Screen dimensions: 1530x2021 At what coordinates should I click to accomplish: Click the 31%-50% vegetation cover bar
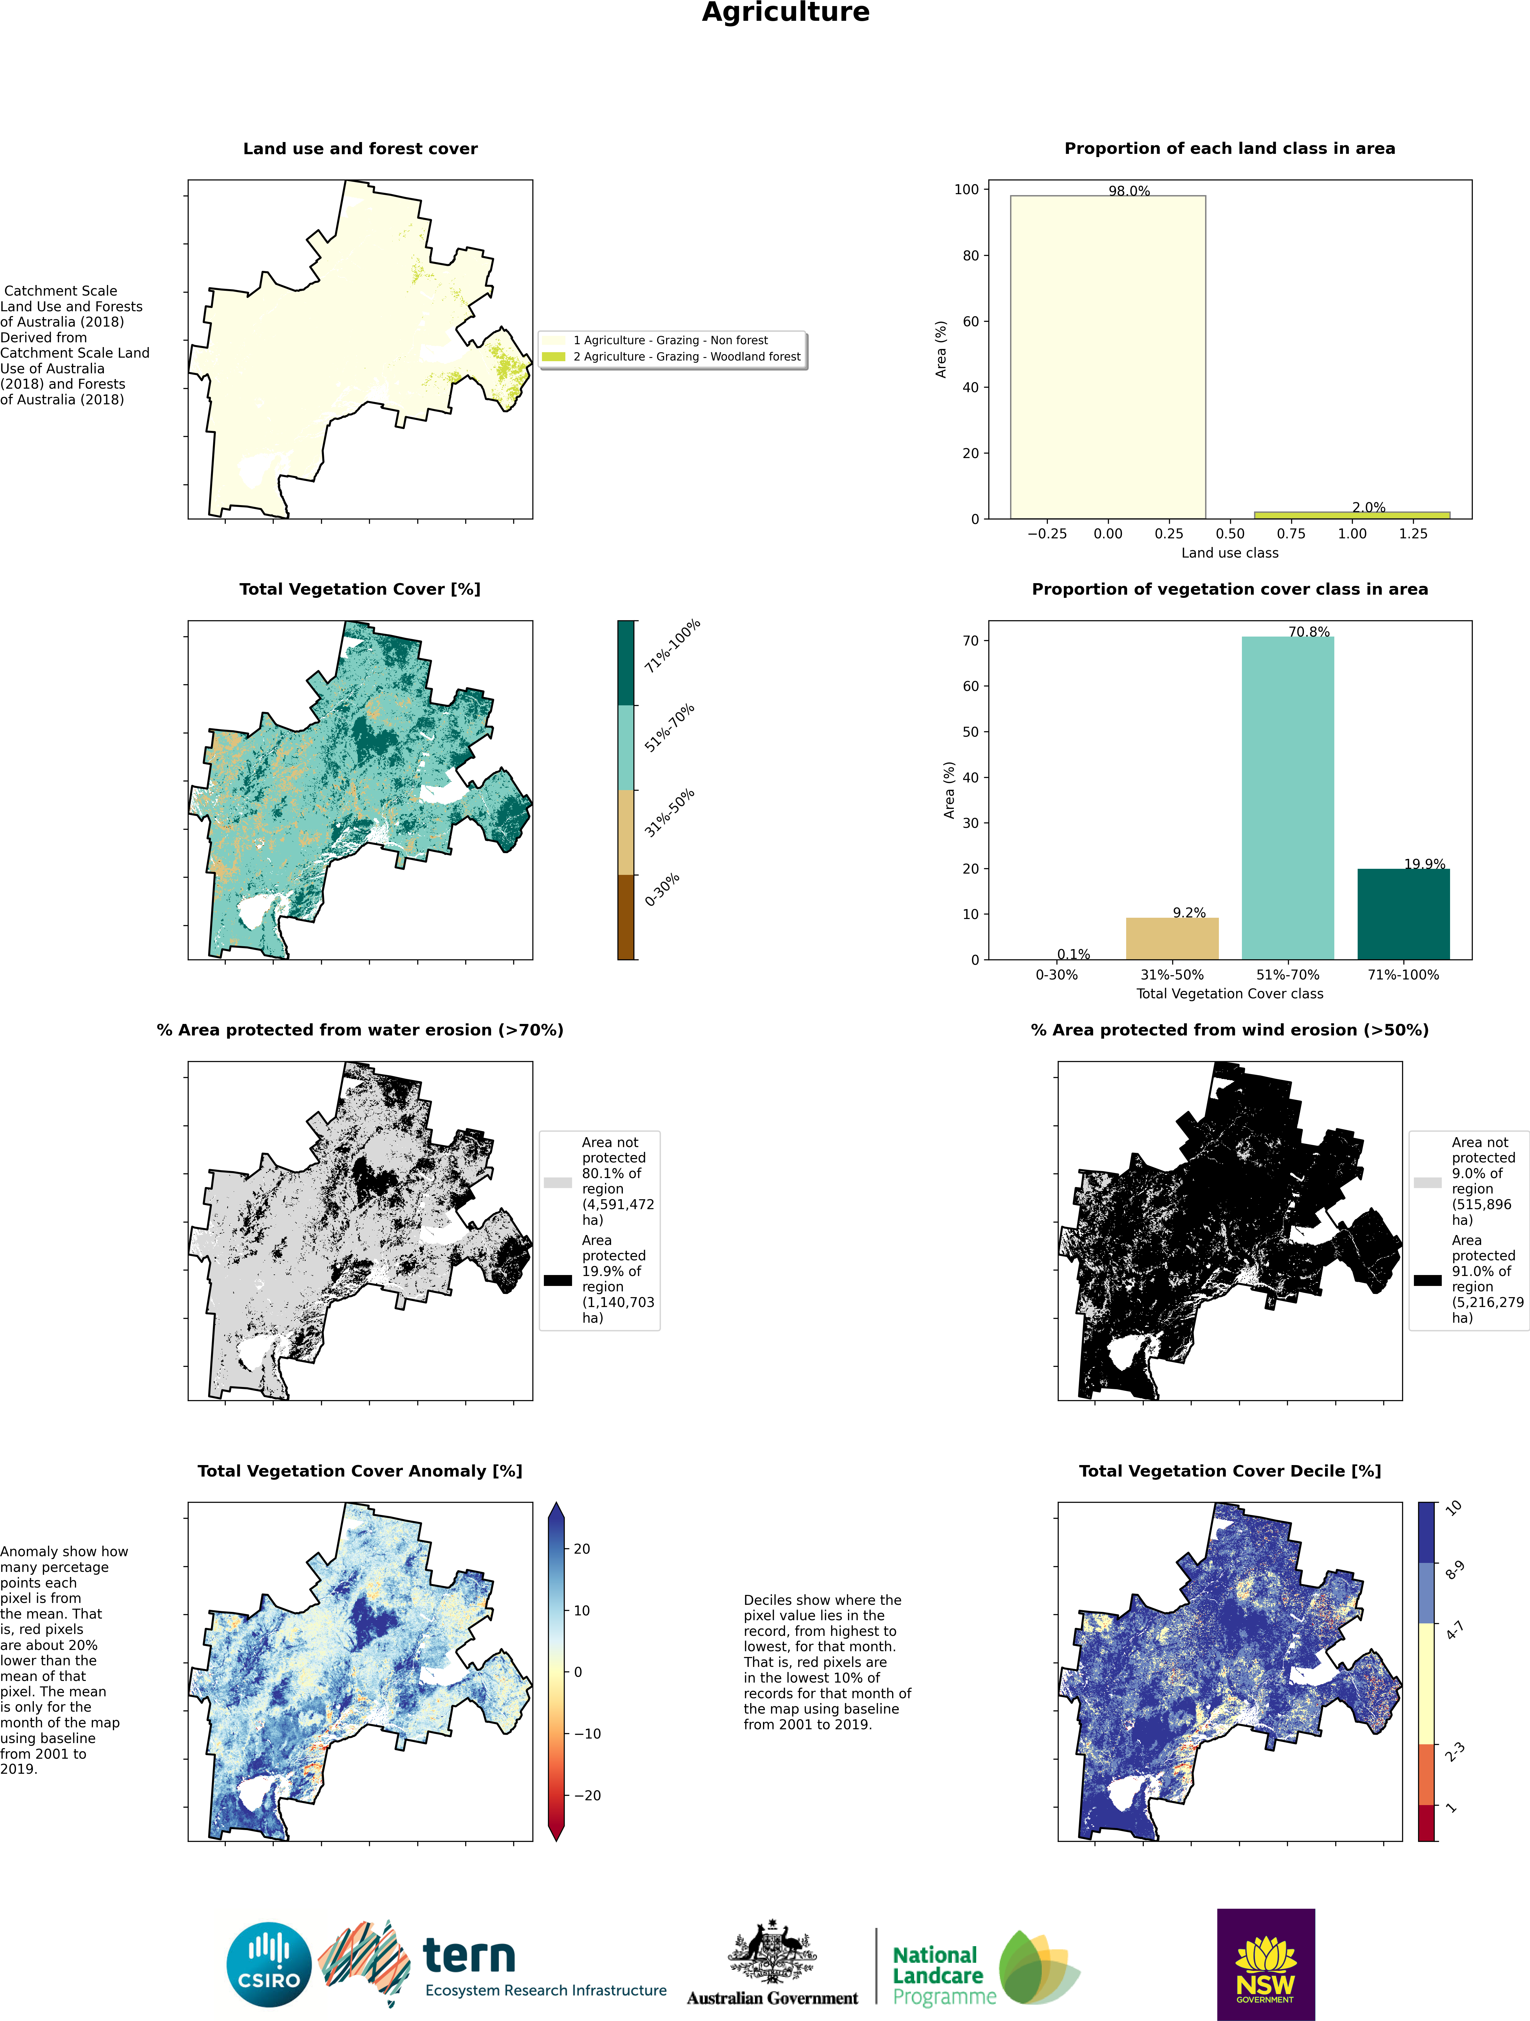1172,938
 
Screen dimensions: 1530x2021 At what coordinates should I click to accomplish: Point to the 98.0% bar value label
1129,191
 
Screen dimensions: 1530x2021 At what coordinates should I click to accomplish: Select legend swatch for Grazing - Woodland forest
553,356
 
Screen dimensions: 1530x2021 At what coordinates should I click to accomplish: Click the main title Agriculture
786,13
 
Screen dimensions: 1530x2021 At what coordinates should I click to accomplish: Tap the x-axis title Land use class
1229,553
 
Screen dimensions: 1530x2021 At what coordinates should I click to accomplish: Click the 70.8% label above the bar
1309,631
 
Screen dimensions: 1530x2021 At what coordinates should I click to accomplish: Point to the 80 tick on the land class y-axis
970,256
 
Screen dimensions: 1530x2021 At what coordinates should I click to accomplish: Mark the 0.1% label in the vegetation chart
1073,954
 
